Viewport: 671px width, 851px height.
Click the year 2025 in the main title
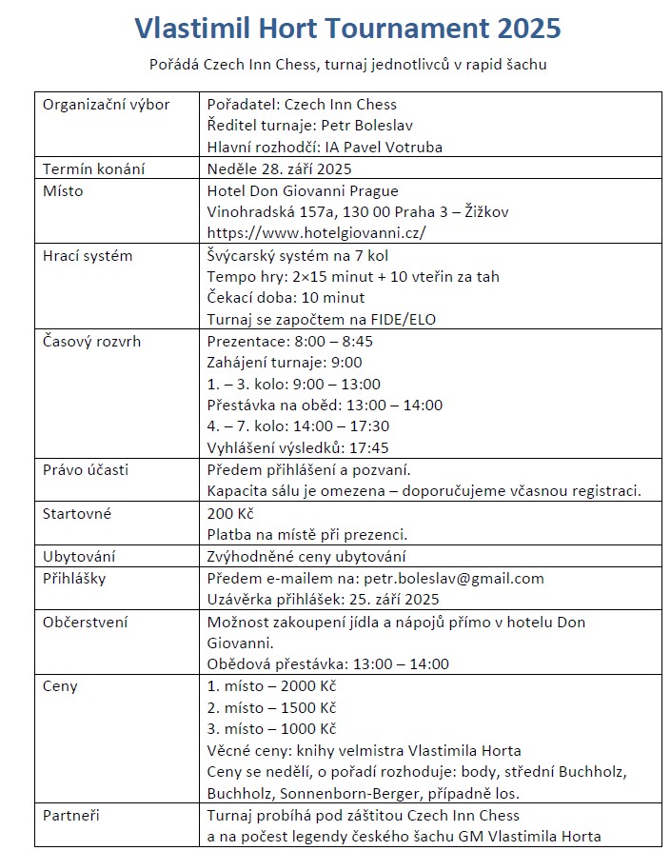[525, 30]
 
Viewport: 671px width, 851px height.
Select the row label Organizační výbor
[107, 105]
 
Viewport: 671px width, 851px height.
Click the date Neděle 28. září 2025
[279, 169]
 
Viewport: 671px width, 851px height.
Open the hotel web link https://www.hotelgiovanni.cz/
[316, 232]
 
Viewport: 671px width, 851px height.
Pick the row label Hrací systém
[88, 256]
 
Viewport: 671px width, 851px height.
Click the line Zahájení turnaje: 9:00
[285, 363]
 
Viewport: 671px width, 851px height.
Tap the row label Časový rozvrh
[91, 341]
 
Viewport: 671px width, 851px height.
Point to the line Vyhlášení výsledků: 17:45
[298, 447]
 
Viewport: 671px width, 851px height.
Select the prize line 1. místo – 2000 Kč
[271, 686]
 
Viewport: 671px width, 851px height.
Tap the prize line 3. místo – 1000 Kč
[271, 729]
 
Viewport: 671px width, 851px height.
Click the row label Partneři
[72, 816]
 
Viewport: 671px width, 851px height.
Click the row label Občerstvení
[86, 623]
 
